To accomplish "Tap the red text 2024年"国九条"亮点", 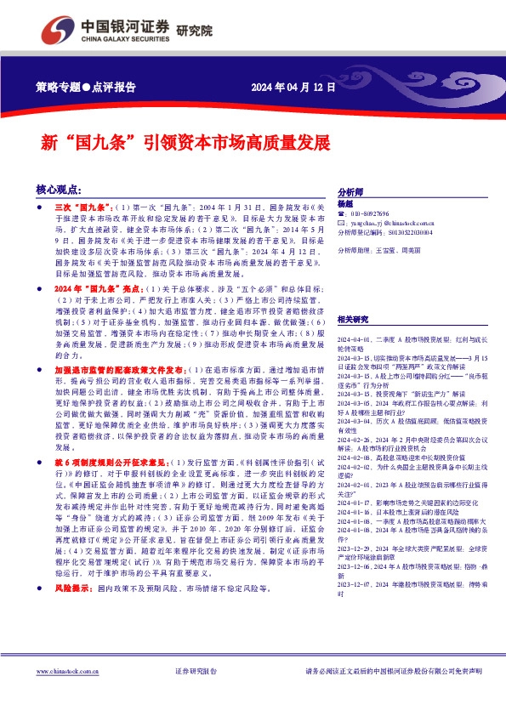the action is click(x=96, y=289).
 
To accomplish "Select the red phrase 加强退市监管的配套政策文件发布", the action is click(x=117, y=371).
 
